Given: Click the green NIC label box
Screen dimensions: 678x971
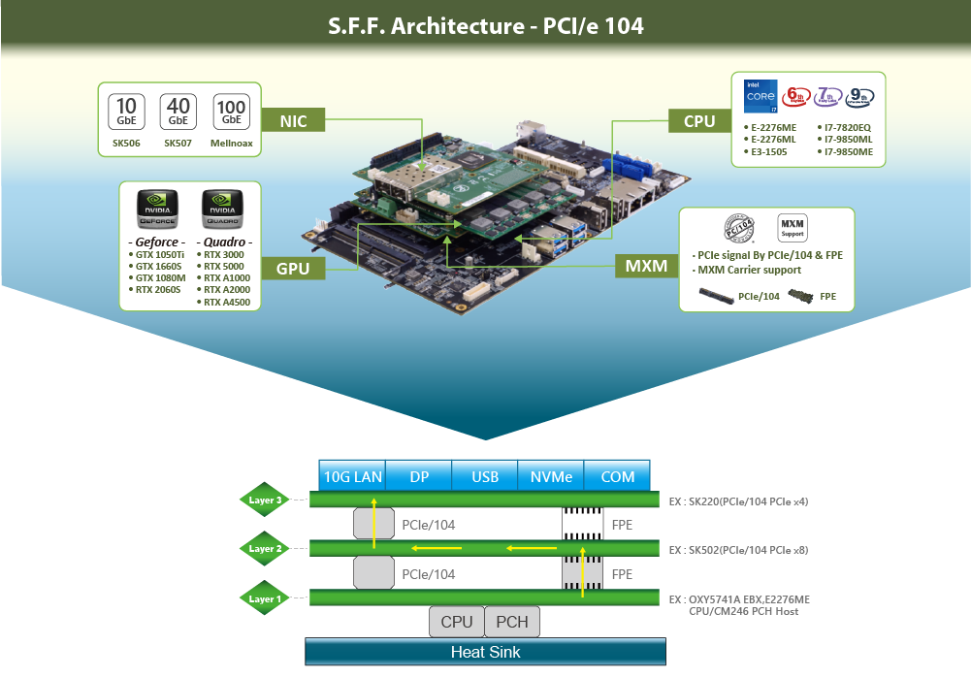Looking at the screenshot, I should click(293, 121).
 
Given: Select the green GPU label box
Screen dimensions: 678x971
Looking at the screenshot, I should click(293, 268).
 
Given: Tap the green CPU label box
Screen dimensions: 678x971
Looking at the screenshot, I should click(699, 121).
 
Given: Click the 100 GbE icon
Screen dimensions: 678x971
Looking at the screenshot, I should click(232, 111).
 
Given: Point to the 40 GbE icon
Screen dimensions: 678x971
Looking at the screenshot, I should click(178, 112).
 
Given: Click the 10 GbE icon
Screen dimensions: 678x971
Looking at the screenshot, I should click(126, 112).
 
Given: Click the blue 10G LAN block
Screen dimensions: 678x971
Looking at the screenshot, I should click(353, 476).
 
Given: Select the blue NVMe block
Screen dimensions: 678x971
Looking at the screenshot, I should click(551, 476).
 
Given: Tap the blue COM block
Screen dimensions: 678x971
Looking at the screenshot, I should click(618, 476).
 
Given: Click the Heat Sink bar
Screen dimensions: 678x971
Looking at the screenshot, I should click(485, 652).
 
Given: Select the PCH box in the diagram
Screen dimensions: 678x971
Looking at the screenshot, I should click(512, 622).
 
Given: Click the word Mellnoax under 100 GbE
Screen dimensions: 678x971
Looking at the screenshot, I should click(232, 144).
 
